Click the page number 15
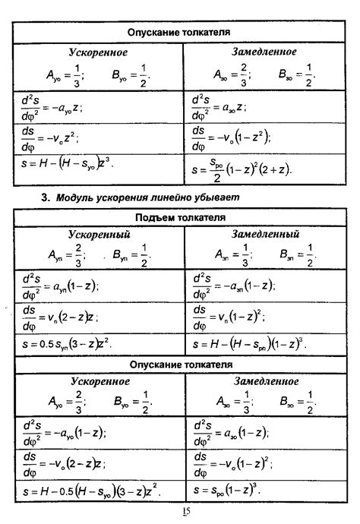pos(185,511)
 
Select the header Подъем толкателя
pos(179,218)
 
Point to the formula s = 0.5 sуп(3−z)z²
pos(67,344)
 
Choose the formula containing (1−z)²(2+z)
pos(243,168)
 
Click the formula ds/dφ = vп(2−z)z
pos(62,315)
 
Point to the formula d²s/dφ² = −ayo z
pos(52,106)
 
